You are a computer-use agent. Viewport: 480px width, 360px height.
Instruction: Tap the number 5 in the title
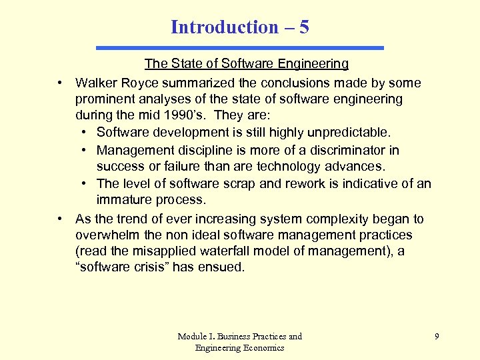304,27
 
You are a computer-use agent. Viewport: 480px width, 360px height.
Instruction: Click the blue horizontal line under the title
240,48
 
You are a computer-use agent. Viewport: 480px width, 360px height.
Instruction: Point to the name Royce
138,83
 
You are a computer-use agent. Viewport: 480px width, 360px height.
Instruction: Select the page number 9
437,337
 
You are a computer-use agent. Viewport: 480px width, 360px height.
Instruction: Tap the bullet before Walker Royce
60,83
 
